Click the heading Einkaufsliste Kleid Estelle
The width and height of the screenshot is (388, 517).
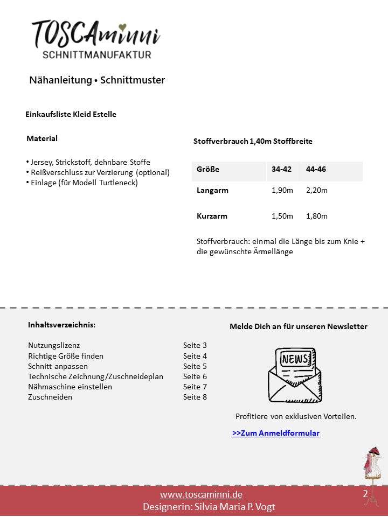pyautogui.click(x=71, y=114)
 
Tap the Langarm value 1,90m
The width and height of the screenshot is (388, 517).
pyautogui.click(x=282, y=190)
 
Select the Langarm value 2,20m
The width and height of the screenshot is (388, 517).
pyautogui.click(x=317, y=190)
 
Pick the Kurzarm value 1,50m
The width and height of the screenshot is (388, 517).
pyautogui.click(x=282, y=216)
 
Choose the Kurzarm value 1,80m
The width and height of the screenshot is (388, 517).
pyautogui.click(x=317, y=216)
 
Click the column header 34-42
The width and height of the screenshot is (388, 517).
pyautogui.click(x=281, y=169)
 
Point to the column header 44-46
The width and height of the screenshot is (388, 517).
pyautogui.click(x=316, y=169)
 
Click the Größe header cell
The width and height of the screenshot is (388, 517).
pyautogui.click(x=208, y=169)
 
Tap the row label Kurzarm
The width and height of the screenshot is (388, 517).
pyautogui.click(x=212, y=216)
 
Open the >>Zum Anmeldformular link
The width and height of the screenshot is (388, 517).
pyautogui.click(x=276, y=433)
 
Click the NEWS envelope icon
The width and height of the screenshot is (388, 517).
pyautogui.click(x=295, y=375)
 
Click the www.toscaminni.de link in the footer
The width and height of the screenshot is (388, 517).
pyautogui.click(x=201, y=494)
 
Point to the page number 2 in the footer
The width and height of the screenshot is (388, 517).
pyautogui.click(x=365, y=494)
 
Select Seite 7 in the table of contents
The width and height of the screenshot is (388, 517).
pyautogui.click(x=195, y=387)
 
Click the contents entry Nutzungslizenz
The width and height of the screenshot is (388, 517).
pyautogui.click(x=54, y=345)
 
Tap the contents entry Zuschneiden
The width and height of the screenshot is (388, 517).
pyautogui.click(x=50, y=397)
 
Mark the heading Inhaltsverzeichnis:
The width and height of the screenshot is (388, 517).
pyautogui.click(x=62, y=325)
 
